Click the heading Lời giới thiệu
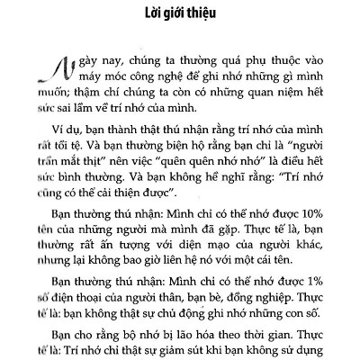179,15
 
